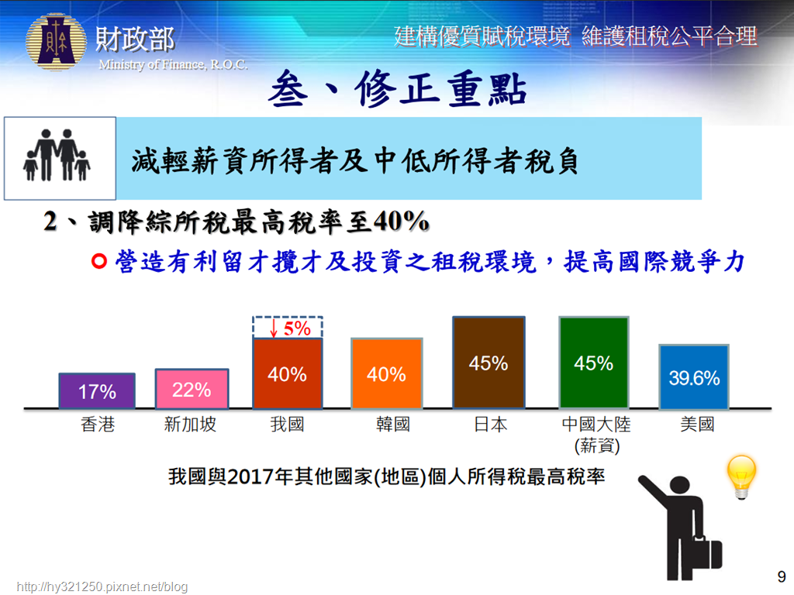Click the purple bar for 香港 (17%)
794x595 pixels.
pos(97,390)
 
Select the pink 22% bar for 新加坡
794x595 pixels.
pos(192,389)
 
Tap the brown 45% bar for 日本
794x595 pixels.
pos(488,363)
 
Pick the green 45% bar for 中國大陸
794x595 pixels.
pos(594,363)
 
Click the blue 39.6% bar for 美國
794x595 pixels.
pos(694,377)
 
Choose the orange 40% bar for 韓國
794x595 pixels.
pos(386,373)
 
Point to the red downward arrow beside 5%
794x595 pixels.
pos(274,328)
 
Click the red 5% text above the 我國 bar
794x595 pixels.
pos(297,328)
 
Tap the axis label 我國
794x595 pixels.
pos(287,424)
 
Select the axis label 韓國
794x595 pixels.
pos(393,424)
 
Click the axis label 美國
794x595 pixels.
pos(697,424)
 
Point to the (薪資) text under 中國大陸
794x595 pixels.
pos(597,445)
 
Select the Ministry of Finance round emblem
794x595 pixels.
pos(56,42)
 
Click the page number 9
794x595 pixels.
pos(782,576)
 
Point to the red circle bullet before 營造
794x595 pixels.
pos(99,261)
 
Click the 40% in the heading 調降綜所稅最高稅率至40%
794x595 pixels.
pos(401,221)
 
